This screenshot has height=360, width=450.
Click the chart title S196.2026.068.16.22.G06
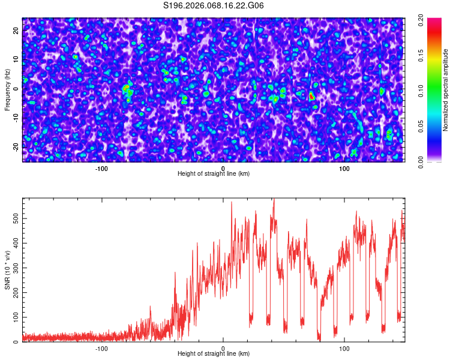[x=214, y=6]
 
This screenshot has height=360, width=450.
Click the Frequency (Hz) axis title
[x=7, y=90]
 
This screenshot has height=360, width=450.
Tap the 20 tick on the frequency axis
[x=16, y=29]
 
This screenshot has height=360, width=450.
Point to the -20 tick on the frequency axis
[x=16, y=146]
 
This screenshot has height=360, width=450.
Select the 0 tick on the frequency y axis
[x=16, y=88]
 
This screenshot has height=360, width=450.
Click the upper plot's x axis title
[x=214, y=174]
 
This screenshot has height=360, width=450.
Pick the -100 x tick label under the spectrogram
[x=101, y=169]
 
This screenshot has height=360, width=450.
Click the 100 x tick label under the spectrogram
[x=344, y=169]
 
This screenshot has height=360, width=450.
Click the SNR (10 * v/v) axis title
[x=7, y=270]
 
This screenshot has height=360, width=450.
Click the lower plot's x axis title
[x=214, y=353]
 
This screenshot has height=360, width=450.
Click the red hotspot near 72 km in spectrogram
[x=311, y=95]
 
